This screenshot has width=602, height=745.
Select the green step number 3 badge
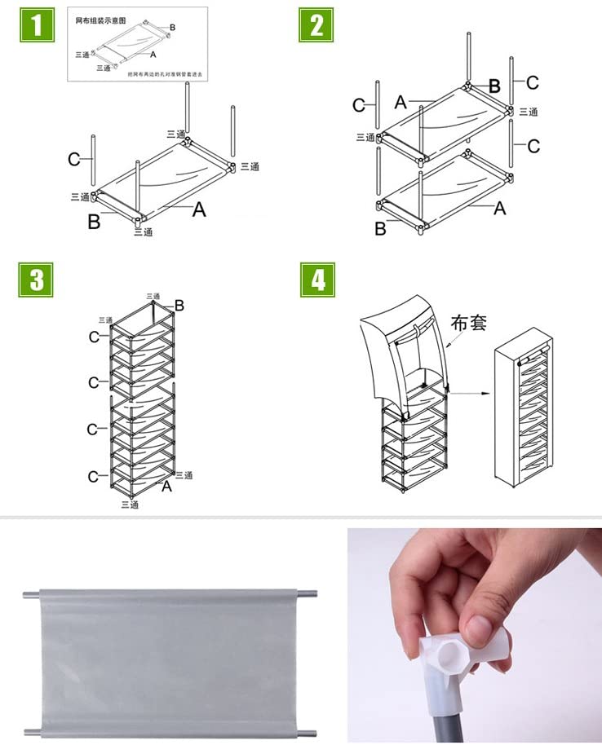click(37, 279)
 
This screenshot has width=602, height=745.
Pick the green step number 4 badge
click(316, 279)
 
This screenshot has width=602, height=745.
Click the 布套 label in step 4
click(469, 323)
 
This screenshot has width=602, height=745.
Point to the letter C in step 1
click(74, 160)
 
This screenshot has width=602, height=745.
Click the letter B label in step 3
click(179, 306)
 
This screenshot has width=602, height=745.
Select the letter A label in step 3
click(166, 487)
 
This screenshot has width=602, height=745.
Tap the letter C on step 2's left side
click(359, 105)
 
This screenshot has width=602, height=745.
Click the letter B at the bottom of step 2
click(380, 229)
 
